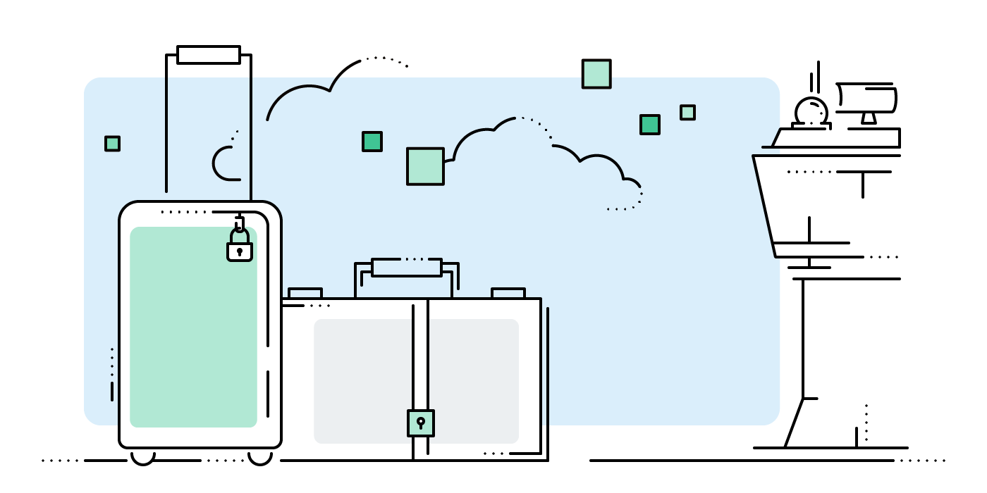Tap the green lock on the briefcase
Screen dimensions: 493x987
[x=421, y=423]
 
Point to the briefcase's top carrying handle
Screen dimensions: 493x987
[x=407, y=268]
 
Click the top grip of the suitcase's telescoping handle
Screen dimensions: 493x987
[x=209, y=55]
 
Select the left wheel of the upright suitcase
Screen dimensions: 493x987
[x=142, y=457]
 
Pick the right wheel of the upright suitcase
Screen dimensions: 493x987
[x=260, y=457]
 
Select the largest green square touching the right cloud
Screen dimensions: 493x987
[x=425, y=166]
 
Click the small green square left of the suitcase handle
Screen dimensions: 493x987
[x=112, y=144]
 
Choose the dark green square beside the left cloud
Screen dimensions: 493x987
[x=372, y=142]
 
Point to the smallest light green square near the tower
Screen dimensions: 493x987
[x=687, y=113]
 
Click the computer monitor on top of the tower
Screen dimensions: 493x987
[x=868, y=99]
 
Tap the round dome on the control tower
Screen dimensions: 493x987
[x=811, y=111]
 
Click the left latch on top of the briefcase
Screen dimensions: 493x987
[x=305, y=293]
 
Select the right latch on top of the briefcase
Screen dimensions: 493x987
[x=508, y=293]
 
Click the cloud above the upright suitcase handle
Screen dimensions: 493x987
[x=310, y=99]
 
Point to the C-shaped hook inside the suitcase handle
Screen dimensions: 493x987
[x=224, y=163]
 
